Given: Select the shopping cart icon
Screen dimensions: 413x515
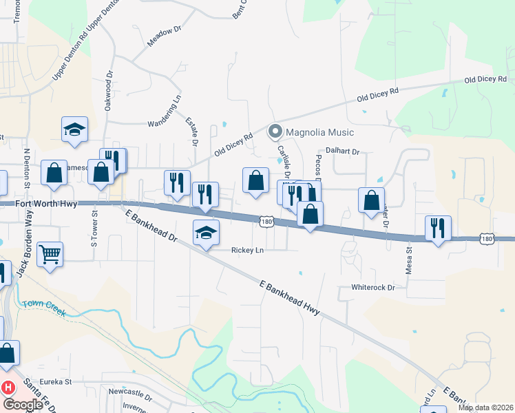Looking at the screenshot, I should tap(50, 255).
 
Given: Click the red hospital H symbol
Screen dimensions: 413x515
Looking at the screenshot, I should tap(8, 388).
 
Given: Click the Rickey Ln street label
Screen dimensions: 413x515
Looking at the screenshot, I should tap(248, 250).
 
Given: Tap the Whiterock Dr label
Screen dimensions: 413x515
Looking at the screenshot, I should tap(372, 287).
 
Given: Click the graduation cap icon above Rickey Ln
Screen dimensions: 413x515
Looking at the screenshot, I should tap(205, 232).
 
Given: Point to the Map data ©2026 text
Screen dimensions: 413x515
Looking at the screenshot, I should tap(486, 407).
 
